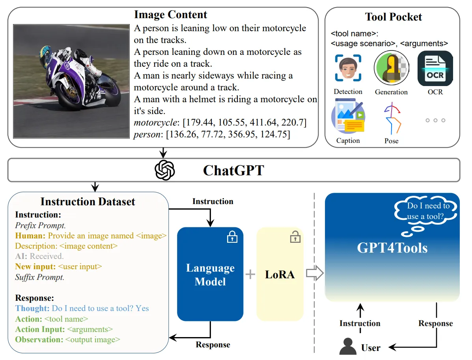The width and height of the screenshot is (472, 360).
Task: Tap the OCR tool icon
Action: pos(435,68)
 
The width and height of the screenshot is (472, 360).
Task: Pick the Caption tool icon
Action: pos(348,118)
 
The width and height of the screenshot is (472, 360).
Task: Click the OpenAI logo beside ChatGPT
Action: pos(165,170)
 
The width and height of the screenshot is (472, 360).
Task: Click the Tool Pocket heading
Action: pos(394,17)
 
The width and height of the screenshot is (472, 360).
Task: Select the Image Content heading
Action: pos(170,15)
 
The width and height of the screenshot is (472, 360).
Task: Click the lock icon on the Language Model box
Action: pos(232,237)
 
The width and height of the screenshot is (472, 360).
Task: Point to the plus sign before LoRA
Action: pos(250,274)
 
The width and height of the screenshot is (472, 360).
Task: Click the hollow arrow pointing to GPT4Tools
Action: pos(315,274)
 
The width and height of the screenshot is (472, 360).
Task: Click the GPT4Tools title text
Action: pos(392,247)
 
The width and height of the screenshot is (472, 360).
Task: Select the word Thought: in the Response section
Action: pos(32,308)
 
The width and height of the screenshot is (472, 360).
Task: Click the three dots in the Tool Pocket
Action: pos(435,120)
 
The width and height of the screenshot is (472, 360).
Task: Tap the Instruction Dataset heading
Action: pos(88,202)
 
